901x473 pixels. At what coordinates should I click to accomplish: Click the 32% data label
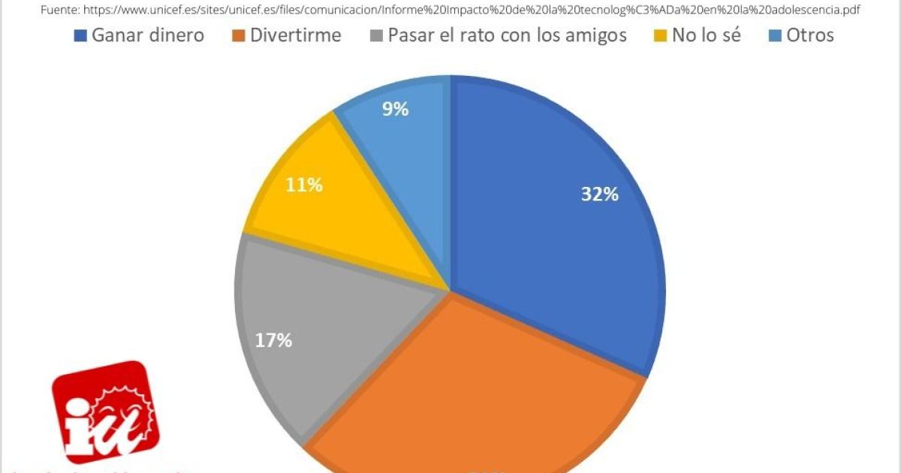tap(599, 194)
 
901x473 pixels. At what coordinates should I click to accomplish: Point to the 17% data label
tap(273, 340)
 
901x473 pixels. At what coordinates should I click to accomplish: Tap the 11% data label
tap(304, 185)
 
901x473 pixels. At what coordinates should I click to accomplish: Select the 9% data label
tap(395, 110)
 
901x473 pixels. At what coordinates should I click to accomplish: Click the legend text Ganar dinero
tap(147, 35)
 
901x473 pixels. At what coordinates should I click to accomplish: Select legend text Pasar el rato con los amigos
tap(507, 35)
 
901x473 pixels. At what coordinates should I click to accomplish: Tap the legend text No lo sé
tap(706, 35)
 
